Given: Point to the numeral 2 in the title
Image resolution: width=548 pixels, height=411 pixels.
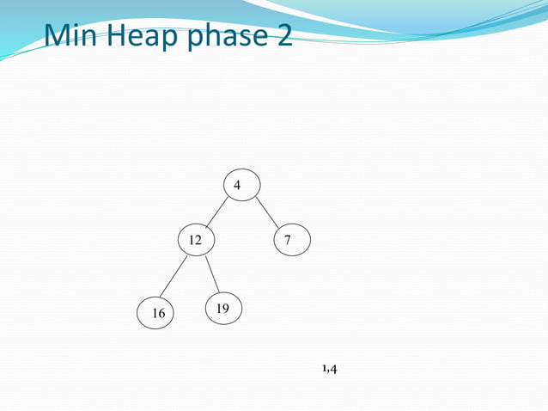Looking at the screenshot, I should [283, 35].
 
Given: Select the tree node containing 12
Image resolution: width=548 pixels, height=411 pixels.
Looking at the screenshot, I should [196, 241].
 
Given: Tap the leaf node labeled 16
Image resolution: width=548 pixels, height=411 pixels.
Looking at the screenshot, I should [157, 314].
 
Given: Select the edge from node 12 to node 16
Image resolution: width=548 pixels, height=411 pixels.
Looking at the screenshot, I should [174, 277].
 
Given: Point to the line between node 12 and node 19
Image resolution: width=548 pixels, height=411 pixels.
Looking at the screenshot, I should [212, 274].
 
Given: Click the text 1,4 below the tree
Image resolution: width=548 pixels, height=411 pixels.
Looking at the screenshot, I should [329, 369].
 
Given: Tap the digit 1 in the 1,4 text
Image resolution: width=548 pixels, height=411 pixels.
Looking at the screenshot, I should [324, 369].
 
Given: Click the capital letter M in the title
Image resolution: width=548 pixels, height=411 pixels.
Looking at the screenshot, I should [59, 35].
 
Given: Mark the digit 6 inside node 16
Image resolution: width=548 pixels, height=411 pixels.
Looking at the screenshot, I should [161, 314].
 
